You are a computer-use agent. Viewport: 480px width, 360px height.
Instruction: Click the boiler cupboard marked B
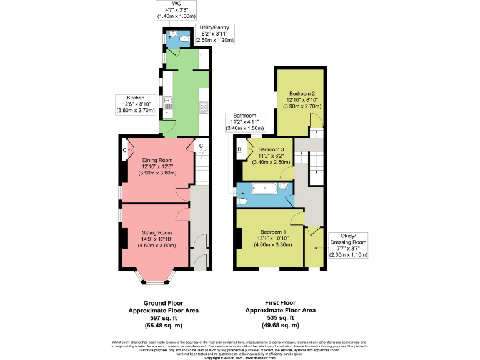pos(239,149)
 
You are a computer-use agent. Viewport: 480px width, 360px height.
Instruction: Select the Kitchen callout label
pos(136,98)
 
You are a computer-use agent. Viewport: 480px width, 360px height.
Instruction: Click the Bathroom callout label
pos(245,116)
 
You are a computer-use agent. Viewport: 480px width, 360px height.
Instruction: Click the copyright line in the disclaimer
pos(240,357)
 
